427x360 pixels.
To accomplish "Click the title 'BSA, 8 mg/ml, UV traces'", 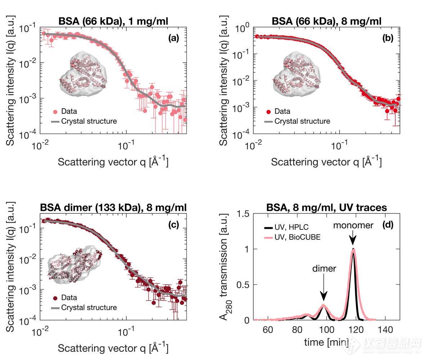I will pos(326,208).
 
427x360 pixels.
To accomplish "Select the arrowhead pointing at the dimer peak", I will pos(324,297).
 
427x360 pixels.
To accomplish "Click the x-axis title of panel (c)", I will pos(113,348).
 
